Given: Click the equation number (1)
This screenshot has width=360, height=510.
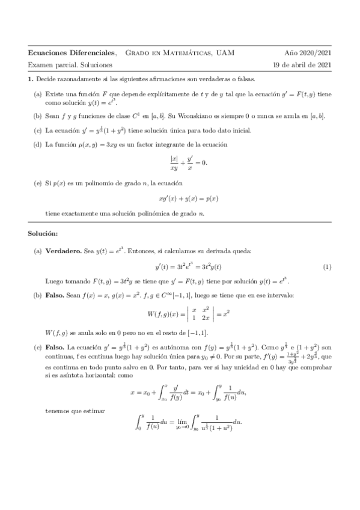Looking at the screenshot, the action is point(326,266).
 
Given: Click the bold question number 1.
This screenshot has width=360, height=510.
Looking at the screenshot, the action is point(31,79).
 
